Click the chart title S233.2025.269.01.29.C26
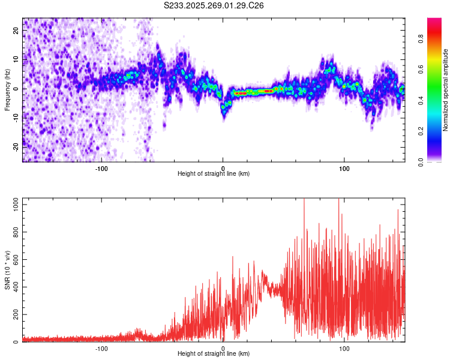(x=214, y=5)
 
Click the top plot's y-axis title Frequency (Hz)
(x=7, y=89)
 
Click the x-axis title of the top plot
(x=214, y=173)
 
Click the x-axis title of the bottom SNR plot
(x=214, y=353)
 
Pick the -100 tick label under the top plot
(x=101, y=168)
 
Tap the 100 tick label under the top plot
(x=344, y=168)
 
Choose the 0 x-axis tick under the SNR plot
(x=223, y=348)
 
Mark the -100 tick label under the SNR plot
(x=101, y=348)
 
